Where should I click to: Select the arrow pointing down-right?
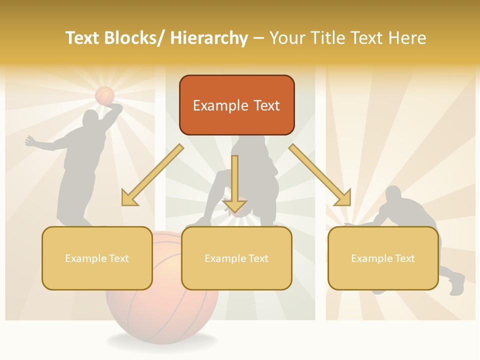pos(320,175)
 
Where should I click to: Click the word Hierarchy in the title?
pos(209,38)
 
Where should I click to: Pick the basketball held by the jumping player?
pos(105,95)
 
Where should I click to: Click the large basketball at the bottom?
pos(162,310)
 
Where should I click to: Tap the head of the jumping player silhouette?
pos(90,118)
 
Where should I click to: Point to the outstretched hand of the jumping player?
pos(29,141)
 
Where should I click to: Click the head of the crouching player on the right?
pos(393,194)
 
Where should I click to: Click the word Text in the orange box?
pos(265,105)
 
